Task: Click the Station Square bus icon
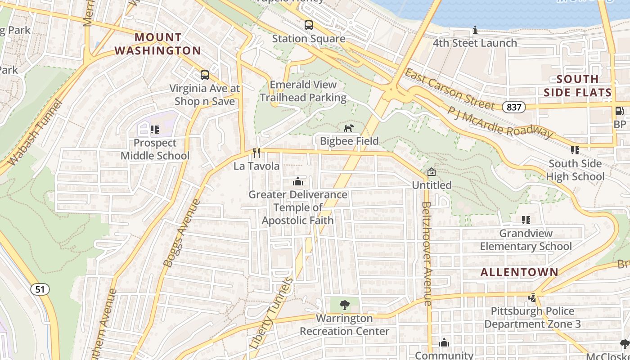click(308, 25)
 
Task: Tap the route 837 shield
click(513, 107)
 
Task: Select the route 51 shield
click(40, 289)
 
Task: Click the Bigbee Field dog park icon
click(349, 128)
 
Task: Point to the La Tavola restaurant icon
click(256, 153)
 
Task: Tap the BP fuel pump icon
click(620, 111)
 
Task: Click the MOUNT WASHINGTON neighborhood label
click(158, 44)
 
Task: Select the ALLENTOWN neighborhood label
click(519, 272)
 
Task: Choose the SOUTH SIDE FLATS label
click(578, 86)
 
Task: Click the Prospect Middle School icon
click(155, 130)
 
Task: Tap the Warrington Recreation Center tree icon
click(345, 305)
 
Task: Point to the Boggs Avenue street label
click(182, 233)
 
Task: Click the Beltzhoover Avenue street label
click(426, 254)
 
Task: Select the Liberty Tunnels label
click(271, 314)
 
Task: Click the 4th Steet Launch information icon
click(475, 30)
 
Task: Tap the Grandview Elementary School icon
click(526, 220)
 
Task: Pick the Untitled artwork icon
click(432, 172)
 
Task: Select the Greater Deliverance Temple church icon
click(297, 181)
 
